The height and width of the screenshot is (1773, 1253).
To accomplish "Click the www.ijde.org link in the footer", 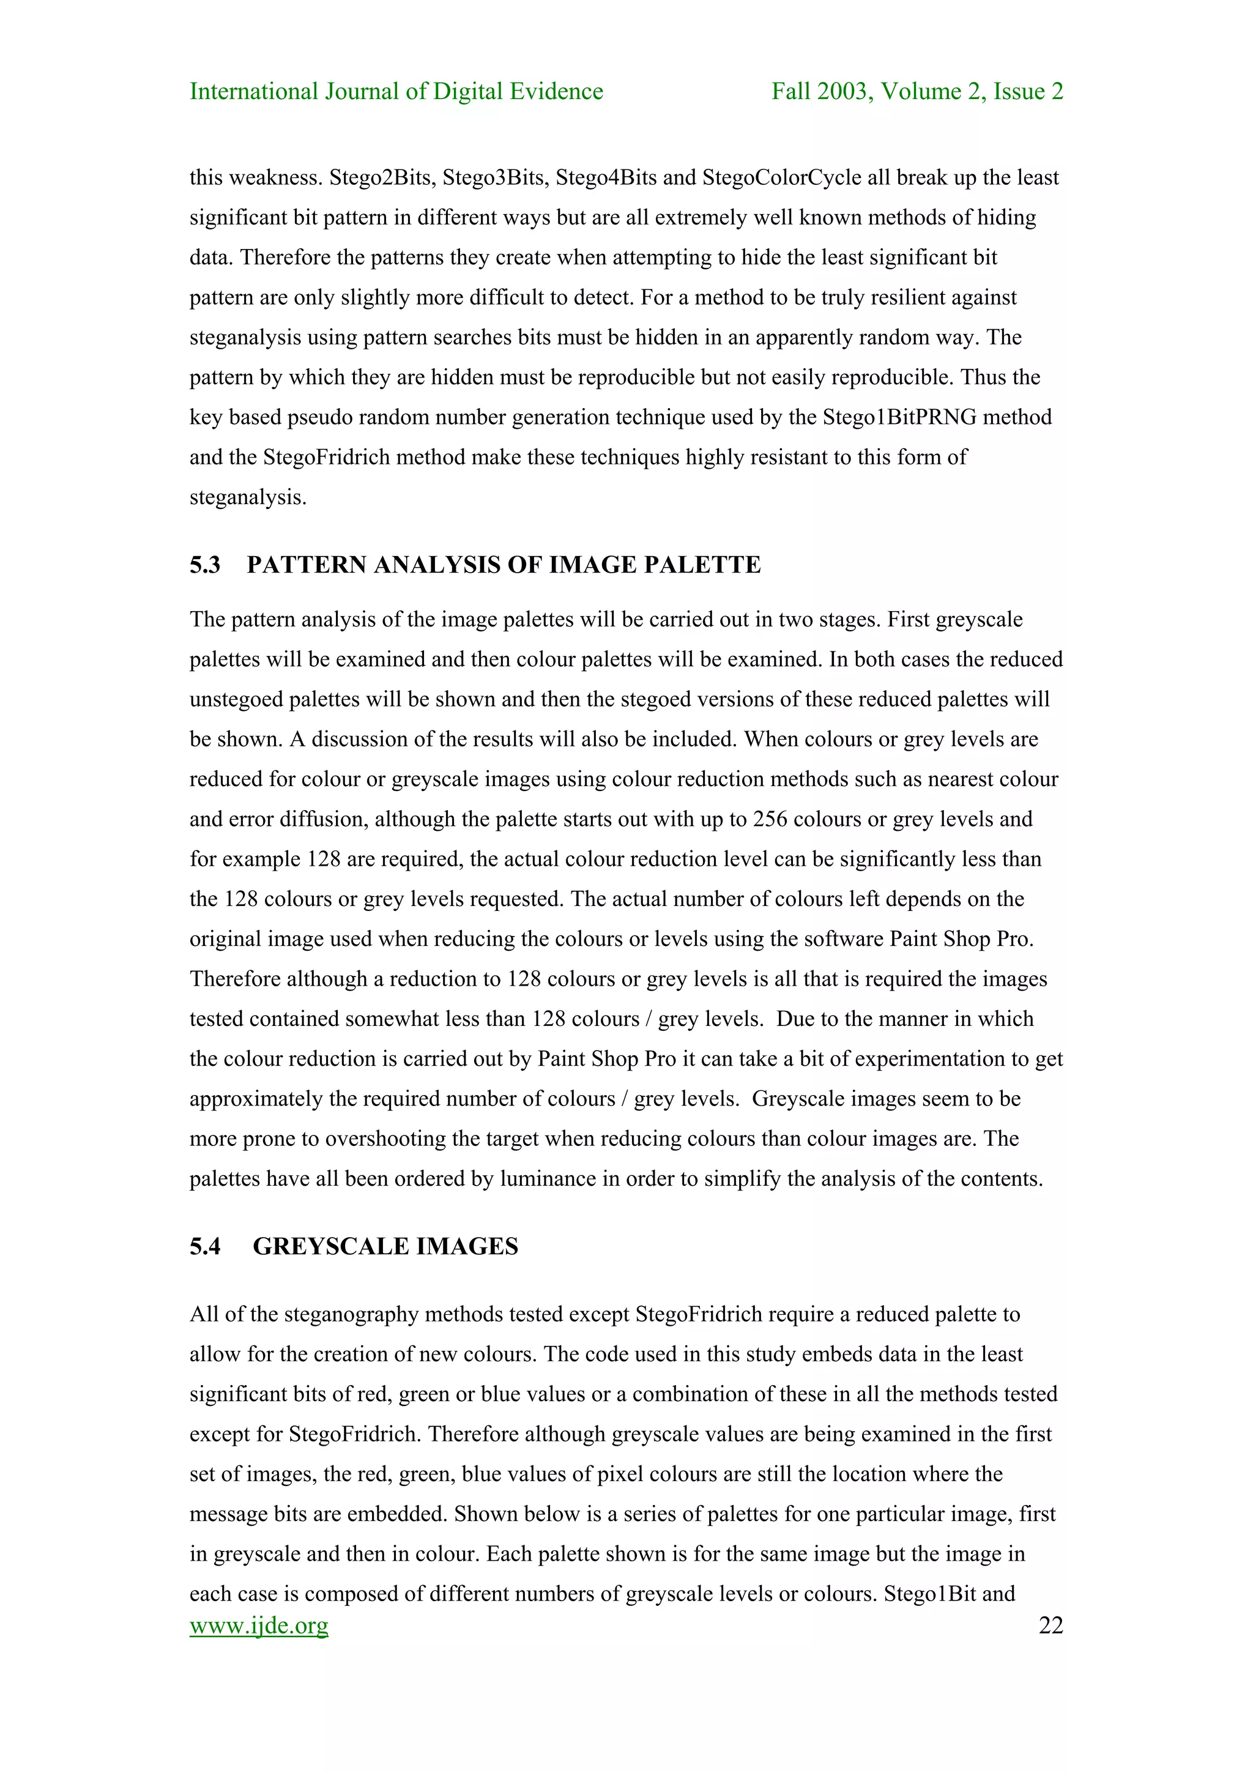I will click(259, 1626).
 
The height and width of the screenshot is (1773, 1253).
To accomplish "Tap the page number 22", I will click(1050, 1626).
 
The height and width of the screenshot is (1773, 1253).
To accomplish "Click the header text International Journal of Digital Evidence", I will click(396, 91).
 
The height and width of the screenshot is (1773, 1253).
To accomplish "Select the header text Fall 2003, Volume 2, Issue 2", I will click(917, 91).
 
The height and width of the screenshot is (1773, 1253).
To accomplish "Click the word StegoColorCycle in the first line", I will click(781, 177).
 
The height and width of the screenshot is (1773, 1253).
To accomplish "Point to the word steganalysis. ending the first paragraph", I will click(248, 497).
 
